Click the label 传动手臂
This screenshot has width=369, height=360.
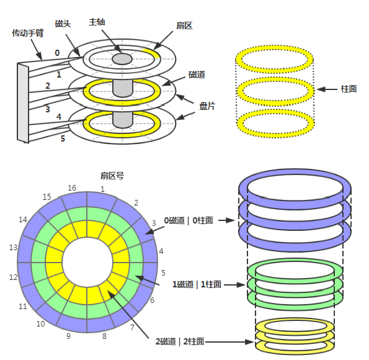[28, 33]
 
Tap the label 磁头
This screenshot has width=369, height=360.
[63, 24]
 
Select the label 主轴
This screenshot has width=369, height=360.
[97, 22]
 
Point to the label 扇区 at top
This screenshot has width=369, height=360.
[184, 25]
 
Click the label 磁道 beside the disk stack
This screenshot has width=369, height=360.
[197, 74]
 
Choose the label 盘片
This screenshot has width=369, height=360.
[207, 106]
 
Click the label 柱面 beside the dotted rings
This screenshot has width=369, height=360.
[349, 89]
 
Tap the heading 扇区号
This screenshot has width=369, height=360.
[112, 176]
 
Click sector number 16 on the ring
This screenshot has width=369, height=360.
[72, 188]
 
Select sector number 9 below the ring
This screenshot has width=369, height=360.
[68, 336]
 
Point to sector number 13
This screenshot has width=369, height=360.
[13, 248]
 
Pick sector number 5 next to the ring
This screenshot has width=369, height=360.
[163, 273]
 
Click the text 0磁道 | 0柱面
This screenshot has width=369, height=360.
[189, 220]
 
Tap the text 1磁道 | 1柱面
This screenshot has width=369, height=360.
[197, 284]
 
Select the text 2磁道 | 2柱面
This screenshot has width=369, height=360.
[180, 341]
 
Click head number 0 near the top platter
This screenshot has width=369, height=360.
[57, 53]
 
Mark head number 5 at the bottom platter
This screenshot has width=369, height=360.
[63, 138]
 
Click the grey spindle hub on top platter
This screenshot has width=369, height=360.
[122, 59]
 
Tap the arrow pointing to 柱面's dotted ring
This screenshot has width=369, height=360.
[327, 89]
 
